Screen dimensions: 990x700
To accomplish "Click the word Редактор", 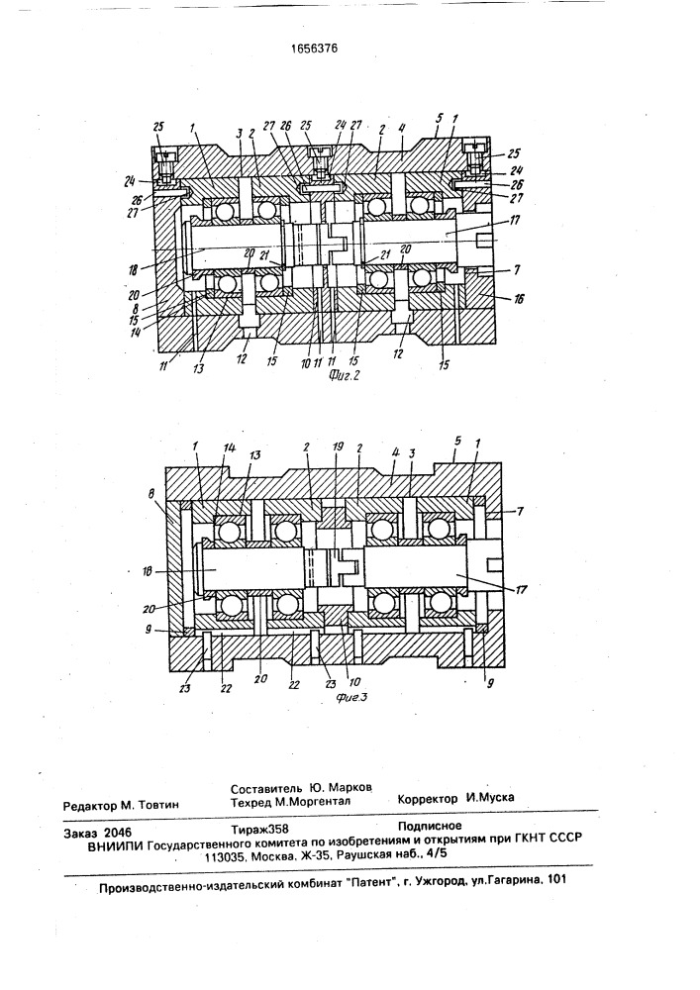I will coord(94,806).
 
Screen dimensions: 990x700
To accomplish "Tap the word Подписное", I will coord(430,824).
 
